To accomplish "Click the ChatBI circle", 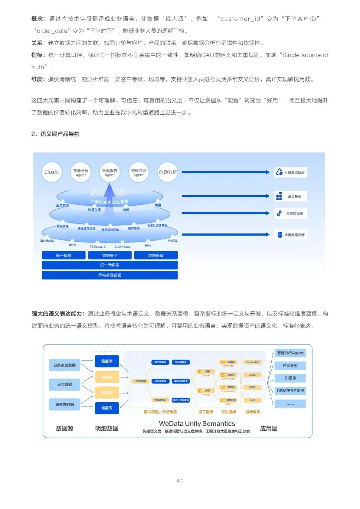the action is tap(52, 172).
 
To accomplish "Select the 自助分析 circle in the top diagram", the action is tap(168, 172).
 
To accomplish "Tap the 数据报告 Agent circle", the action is tap(110, 172).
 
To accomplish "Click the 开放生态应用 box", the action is tap(290, 172).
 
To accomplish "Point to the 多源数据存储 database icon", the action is tap(280, 235).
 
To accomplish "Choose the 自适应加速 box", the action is tap(290, 214).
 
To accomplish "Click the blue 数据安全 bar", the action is tap(110, 255).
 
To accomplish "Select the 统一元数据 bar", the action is tap(110, 265).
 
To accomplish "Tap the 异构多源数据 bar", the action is tap(110, 275).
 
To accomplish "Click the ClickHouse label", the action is tap(122, 247).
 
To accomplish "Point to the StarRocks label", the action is tap(47, 241).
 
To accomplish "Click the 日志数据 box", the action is tap(64, 384).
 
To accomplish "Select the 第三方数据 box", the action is tap(64, 405).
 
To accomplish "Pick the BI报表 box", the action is tap(290, 378).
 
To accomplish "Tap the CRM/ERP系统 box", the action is tap(290, 391).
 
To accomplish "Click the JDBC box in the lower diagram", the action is tap(252, 375).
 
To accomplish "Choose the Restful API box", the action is tap(252, 362).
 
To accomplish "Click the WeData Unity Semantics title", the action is tap(197, 424).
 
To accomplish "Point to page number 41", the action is tap(180, 481).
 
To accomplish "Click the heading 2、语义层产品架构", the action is tap(55, 134).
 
